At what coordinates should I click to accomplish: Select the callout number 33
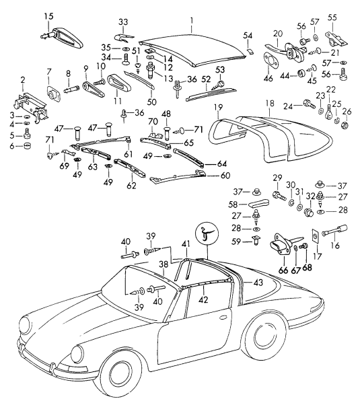pos(123,22)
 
